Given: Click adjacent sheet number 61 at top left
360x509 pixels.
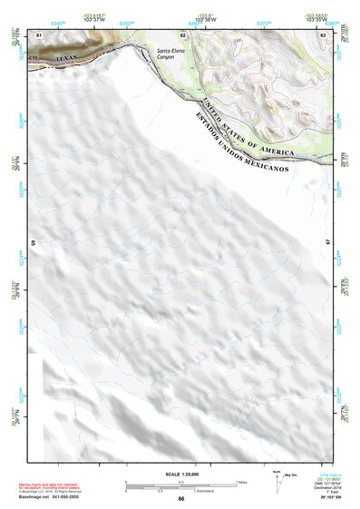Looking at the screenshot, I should coord(39,34).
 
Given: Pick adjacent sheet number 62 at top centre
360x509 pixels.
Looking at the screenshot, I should coord(182,34).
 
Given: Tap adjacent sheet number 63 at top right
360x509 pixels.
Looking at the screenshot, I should coord(322,34).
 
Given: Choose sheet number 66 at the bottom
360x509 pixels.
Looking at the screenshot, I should coord(181,499).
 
